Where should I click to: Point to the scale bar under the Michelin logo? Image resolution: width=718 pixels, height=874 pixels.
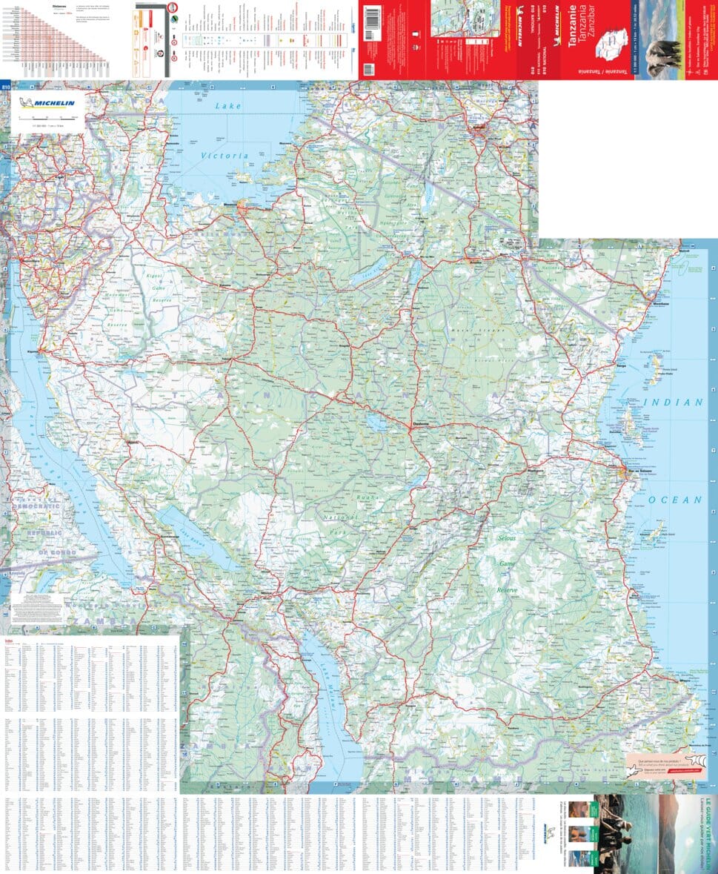pos(45,118)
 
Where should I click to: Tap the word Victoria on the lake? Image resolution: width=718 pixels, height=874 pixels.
pos(225,156)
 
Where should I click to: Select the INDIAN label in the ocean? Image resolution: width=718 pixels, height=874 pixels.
pos(673,403)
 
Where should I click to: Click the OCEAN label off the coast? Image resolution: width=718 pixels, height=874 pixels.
pos(675,500)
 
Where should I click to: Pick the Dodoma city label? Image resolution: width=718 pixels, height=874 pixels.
pos(420,424)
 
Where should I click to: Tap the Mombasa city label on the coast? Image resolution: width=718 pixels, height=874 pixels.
pos(660,305)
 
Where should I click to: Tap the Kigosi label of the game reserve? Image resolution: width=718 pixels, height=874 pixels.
pos(154,277)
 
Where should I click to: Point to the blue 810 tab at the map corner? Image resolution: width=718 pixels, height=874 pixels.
pos(6,87)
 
